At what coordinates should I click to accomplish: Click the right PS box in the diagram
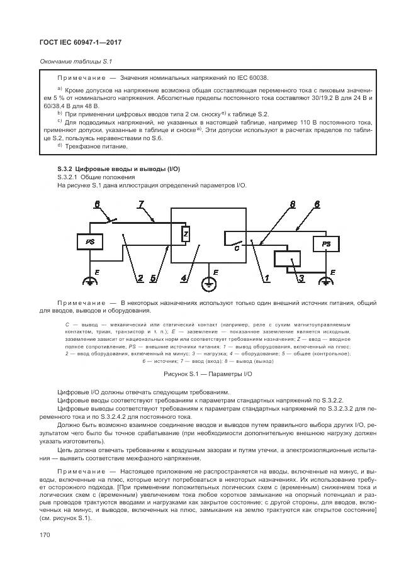click(x=325, y=243)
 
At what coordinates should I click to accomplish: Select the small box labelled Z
click(x=186, y=234)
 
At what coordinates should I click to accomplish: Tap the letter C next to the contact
click(x=237, y=248)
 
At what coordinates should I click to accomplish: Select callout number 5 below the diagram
click(x=154, y=277)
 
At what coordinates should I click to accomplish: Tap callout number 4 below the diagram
click(x=183, y=277)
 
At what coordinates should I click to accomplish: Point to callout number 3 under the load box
click(x=284, y=277)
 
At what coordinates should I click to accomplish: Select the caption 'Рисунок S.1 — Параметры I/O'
click(x=208, y=374)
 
